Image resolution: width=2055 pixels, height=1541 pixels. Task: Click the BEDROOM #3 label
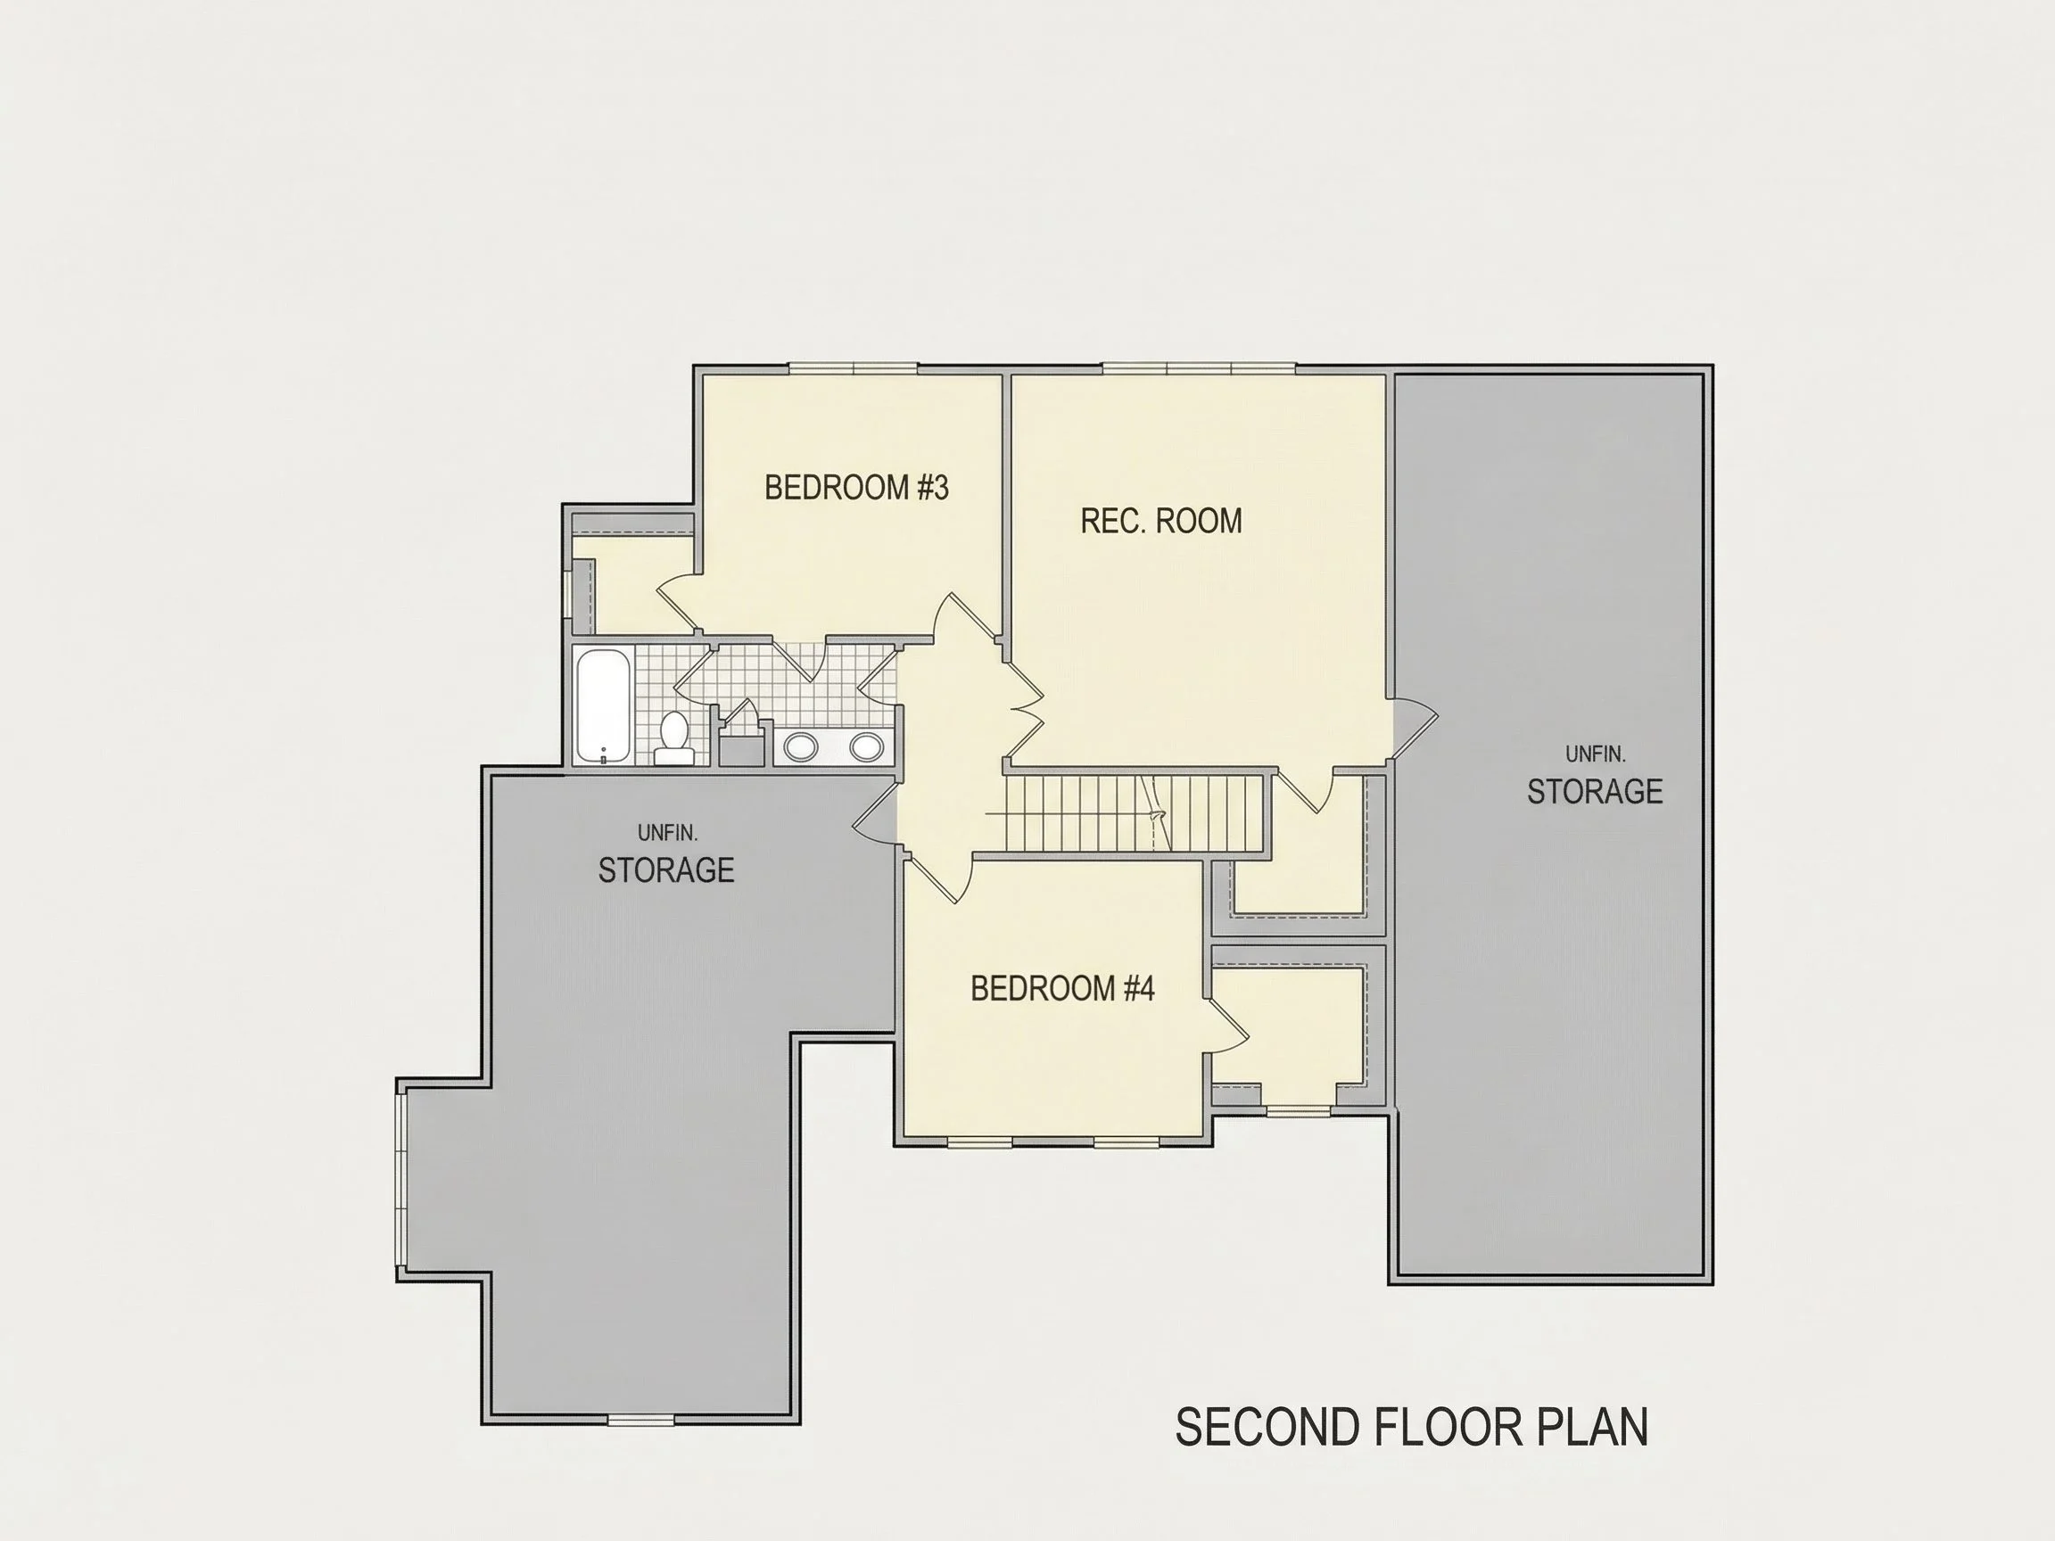[856, 488]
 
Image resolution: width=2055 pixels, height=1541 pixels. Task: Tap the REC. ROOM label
[1161, 521]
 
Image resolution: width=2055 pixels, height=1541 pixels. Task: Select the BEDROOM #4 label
[1062, 988]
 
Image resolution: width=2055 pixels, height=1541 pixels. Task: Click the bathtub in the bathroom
[603, 706]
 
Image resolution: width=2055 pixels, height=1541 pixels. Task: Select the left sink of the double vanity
[800, 746]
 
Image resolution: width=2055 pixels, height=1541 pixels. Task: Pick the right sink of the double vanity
[866, 746]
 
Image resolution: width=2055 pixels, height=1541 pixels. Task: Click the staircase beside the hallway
[1135, 812]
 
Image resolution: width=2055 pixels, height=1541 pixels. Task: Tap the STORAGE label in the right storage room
[1595, 791]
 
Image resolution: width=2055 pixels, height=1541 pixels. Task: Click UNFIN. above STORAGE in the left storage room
[667, 833]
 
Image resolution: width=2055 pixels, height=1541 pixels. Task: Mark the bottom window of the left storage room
[641, 1420]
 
